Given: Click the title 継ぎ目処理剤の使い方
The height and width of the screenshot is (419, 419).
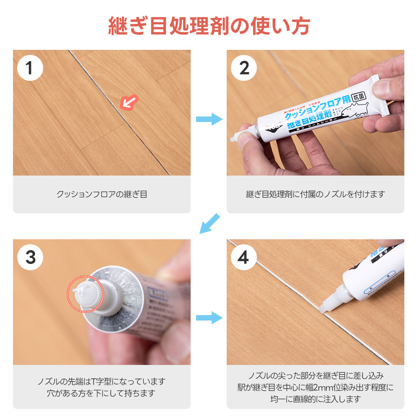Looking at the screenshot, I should tap(209, 26).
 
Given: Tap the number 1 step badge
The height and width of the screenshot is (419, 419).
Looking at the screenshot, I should tap(30, 68).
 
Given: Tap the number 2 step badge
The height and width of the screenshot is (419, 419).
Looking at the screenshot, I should tap(244, 68).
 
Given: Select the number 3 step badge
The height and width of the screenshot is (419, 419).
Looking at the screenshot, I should tap(30, 257).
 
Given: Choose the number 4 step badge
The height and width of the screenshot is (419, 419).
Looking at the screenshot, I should tap(244, 257).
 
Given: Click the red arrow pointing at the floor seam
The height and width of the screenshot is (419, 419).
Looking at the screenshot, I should tap(129, 102).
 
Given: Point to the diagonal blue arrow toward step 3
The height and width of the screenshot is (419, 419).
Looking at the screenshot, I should tap(209, 223).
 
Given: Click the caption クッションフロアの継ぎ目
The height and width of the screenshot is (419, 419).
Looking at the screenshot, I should tap(102, 194).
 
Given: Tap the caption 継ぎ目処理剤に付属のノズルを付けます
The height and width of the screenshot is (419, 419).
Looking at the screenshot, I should tap(315, 194).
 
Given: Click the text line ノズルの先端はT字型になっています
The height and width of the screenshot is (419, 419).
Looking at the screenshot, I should tap(102, 382).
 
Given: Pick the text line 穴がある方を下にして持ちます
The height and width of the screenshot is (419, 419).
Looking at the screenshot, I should tap(102, 393).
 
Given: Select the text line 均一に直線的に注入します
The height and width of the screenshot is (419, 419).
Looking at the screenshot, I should tap(315, 399).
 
